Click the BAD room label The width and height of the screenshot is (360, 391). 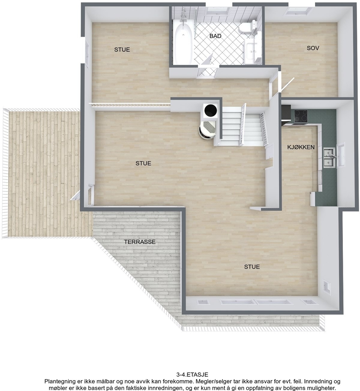[215, 36]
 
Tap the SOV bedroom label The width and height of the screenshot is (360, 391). [313, 48]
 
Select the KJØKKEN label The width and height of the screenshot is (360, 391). [301, 147]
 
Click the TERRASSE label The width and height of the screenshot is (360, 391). [140, 242]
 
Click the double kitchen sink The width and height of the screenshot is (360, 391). [329, 157]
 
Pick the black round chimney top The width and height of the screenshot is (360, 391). [210, 110]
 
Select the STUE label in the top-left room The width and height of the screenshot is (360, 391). [122, 50]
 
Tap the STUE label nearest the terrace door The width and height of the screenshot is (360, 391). [143, 163]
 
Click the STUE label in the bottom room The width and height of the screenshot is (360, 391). [252, 267]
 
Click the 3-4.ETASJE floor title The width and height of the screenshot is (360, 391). [192, 375]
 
